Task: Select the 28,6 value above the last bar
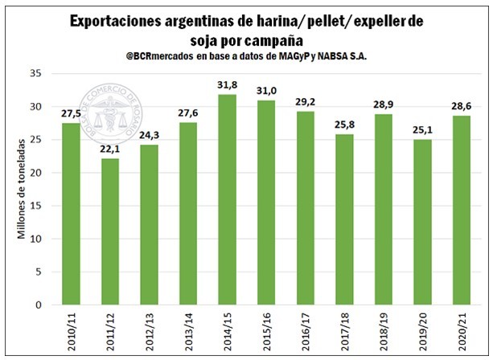458,108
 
